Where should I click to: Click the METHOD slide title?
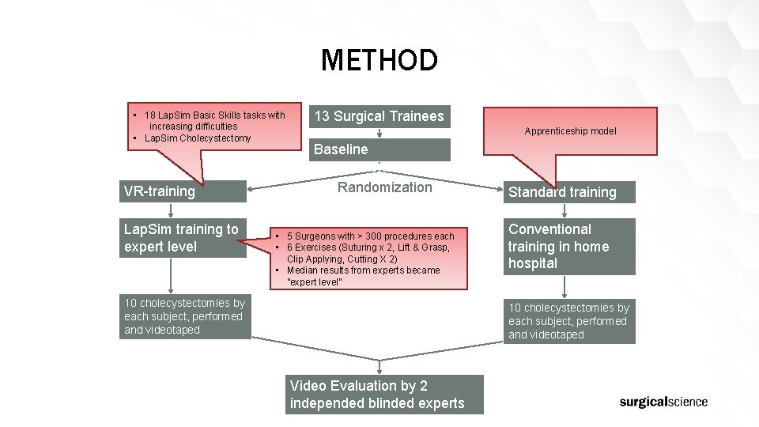click(379, 60)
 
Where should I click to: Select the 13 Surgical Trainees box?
click(379, 117)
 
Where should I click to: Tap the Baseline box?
click(379, 149)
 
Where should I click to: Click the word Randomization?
click(384, 187)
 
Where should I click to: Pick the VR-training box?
click(185, 191)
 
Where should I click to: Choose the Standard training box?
click(569, 192)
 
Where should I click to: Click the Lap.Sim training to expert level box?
click(185, 238)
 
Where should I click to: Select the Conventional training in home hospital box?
click(569, 246)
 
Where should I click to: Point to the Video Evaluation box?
click(384, 395)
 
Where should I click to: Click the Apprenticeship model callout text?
click(570, 131)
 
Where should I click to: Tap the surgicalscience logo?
click(663, 402)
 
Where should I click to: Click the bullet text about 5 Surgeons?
click(370, 236)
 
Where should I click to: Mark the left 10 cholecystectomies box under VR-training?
click(185, 316)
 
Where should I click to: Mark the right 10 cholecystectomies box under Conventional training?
click(569, 321)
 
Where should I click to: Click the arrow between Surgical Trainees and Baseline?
click(379, 134)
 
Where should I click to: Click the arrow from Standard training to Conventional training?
click(564, 210)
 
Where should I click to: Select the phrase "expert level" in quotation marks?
click(315, 282)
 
